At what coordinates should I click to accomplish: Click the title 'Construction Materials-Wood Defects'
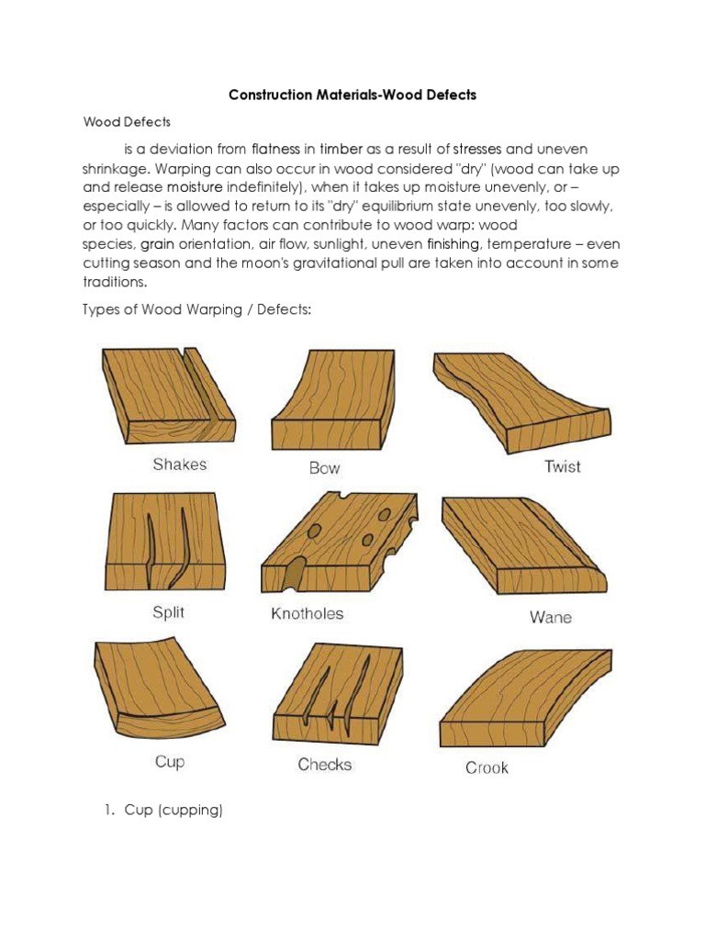pyautogui.click(x=352, y=95)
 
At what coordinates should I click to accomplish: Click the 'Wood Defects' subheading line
pyautogui.click(x=128, y=121)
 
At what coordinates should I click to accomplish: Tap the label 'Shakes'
pyautogui.click(x=179, y=464)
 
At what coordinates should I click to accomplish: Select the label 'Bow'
pyautogui.click(x=324, y=468)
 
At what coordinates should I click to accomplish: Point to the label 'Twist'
pyautogui.click(x=562, y=466)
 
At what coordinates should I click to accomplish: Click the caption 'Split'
pyautogui.click(x=168, y=612)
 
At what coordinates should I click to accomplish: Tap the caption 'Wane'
pyautogui.click(x=550, y=617)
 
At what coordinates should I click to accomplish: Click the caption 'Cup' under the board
pyautogui.click(x=169, y=762)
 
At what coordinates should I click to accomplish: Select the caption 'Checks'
pyautogui.click(x=324, y=765)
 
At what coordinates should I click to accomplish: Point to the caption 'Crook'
pyautogui.click(x=486, y=767)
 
